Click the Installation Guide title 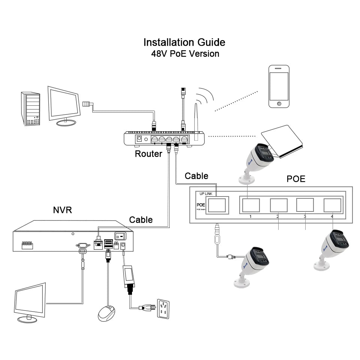click(x=184, y=42)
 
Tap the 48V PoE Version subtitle click(x=185, y=54)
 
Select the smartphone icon click(x=279, y=87)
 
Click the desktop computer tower click(x=30, y=109)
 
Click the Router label click(x=148, y=153)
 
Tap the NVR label click(x=62, y=210)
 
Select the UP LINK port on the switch click(x=217, y=205)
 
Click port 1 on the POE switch click(x=250, y=205)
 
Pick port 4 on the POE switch click(x=333, y=205)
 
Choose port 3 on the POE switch click(x=305, y=205)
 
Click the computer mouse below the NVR click(x=107, y=312)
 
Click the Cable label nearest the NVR click(x=141, y=220)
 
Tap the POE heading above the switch click(x=296, y=179)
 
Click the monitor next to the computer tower click(x=64, y=105)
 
